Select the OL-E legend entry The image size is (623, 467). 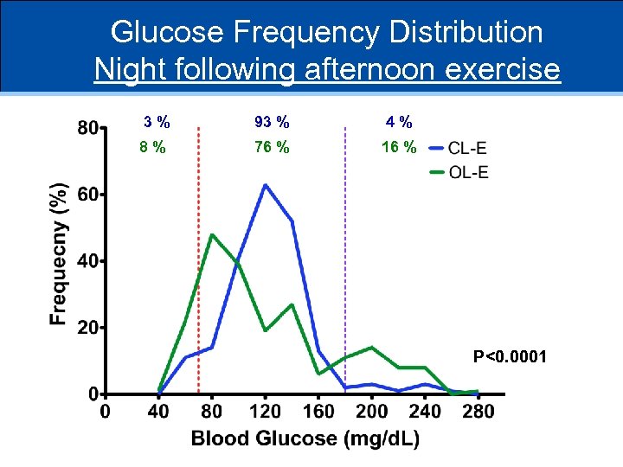coord(468,172)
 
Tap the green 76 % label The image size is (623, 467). coord(272,147)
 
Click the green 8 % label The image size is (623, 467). coord(153,147)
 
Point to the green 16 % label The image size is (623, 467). coord(399,147)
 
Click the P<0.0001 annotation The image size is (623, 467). coord(510,355)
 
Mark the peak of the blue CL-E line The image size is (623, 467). coord(265,185)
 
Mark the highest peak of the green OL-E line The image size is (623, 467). coord(211,234)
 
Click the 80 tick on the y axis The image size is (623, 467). coord(87,128)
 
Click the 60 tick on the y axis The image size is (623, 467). coord(87,195)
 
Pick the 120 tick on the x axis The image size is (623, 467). coord(266,411)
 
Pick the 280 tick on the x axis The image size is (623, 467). coord(478,411)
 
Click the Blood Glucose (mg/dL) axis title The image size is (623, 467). coord(305,438)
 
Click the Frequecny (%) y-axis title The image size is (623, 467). coord(59,253)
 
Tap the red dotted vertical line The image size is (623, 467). coord(199,259)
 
